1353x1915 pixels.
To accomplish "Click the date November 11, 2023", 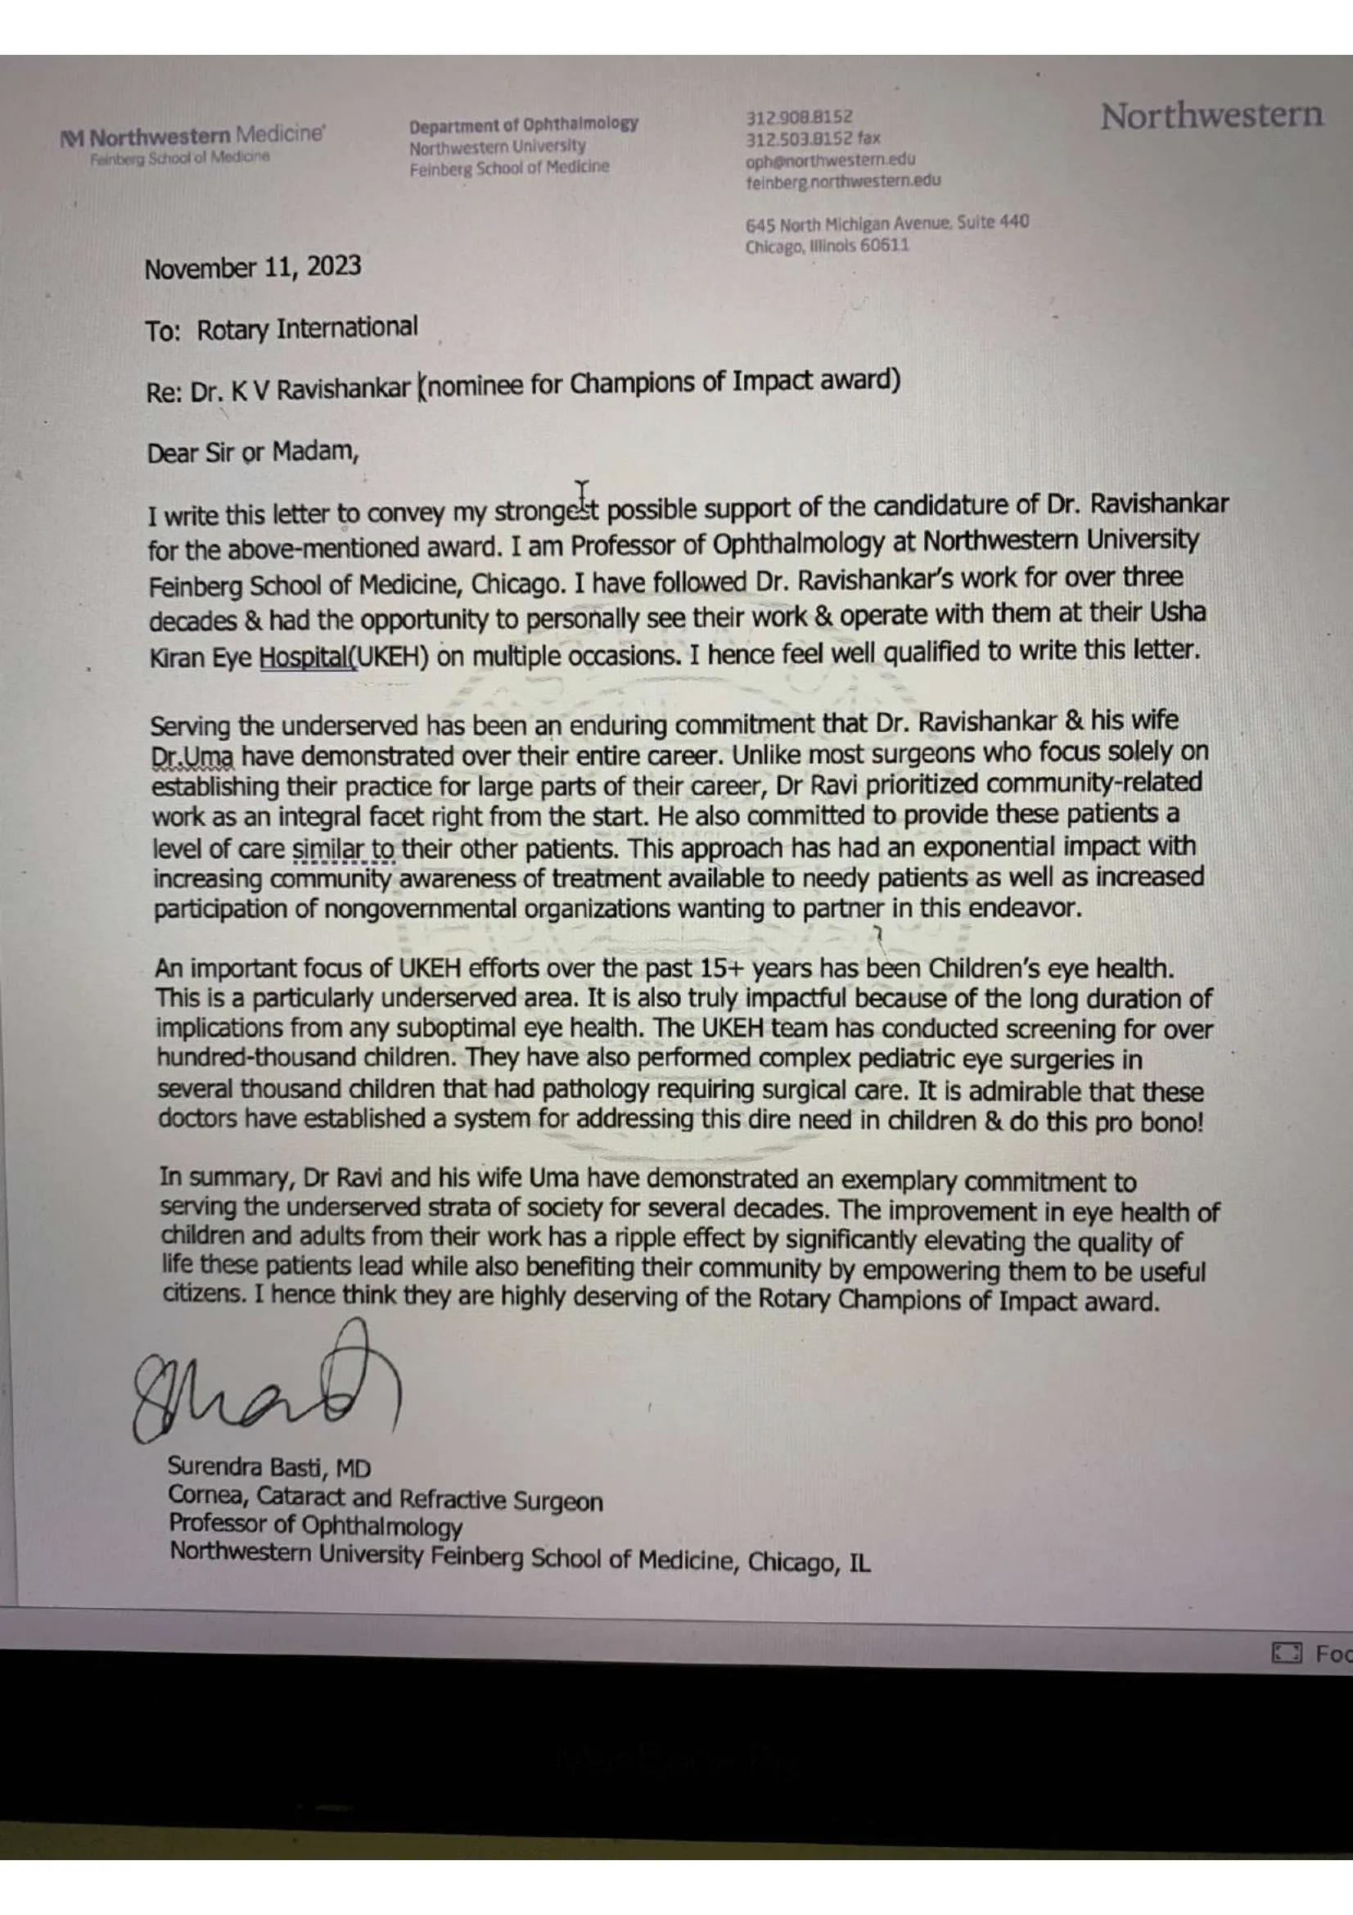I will click(253, 268).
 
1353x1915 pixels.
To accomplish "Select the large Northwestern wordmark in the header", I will click(1211, 116).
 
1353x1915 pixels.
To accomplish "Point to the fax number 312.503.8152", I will click(799, 138).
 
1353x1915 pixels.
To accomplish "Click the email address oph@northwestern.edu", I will click(829, 160).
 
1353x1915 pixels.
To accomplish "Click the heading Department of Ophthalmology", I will click(523, 125).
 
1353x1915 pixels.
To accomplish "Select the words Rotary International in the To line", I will click(307, 328).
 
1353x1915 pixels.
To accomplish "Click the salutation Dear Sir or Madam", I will click(253, 453).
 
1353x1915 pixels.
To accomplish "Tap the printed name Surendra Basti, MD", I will click(269, 1467).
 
